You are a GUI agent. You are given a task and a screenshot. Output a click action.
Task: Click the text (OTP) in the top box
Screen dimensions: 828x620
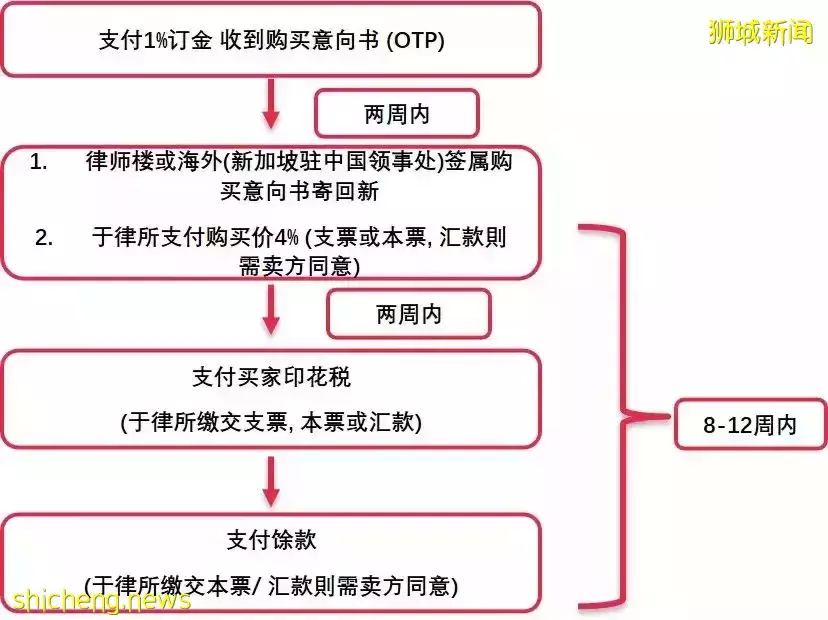coord(415,41)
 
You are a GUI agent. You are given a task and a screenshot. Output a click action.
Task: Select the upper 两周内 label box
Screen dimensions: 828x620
coord(397,114)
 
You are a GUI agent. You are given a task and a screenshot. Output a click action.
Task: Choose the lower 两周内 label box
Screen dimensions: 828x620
coord(409,314)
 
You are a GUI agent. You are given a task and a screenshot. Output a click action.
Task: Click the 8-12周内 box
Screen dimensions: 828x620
coord(750,424)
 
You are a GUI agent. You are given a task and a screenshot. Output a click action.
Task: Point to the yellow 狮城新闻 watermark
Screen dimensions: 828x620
coord(760,32)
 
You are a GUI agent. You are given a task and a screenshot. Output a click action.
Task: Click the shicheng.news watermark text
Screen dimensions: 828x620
coord(101,600)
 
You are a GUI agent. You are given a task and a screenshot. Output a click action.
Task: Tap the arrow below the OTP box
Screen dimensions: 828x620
coord(271,104)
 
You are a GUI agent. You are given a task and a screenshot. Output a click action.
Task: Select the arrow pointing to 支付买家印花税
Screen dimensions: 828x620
coord(271,309)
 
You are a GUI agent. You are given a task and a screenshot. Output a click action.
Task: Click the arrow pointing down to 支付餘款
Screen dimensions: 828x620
coord(271,482)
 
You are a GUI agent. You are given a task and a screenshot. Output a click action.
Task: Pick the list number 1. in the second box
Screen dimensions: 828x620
coord(38,162)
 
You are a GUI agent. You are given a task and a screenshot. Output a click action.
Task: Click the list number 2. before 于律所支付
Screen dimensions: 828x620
coord(44,238)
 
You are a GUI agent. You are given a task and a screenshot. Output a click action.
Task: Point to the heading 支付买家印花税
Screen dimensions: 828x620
coord(271,377)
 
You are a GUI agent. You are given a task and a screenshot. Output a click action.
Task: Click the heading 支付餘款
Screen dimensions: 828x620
coord(271,540)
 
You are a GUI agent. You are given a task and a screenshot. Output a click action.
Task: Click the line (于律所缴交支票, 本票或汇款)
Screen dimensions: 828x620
coord(271,422)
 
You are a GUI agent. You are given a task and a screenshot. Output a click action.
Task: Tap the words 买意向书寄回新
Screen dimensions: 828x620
coord(299,191)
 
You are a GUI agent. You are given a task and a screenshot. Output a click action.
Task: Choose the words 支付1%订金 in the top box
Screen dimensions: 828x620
coord(155,41)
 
